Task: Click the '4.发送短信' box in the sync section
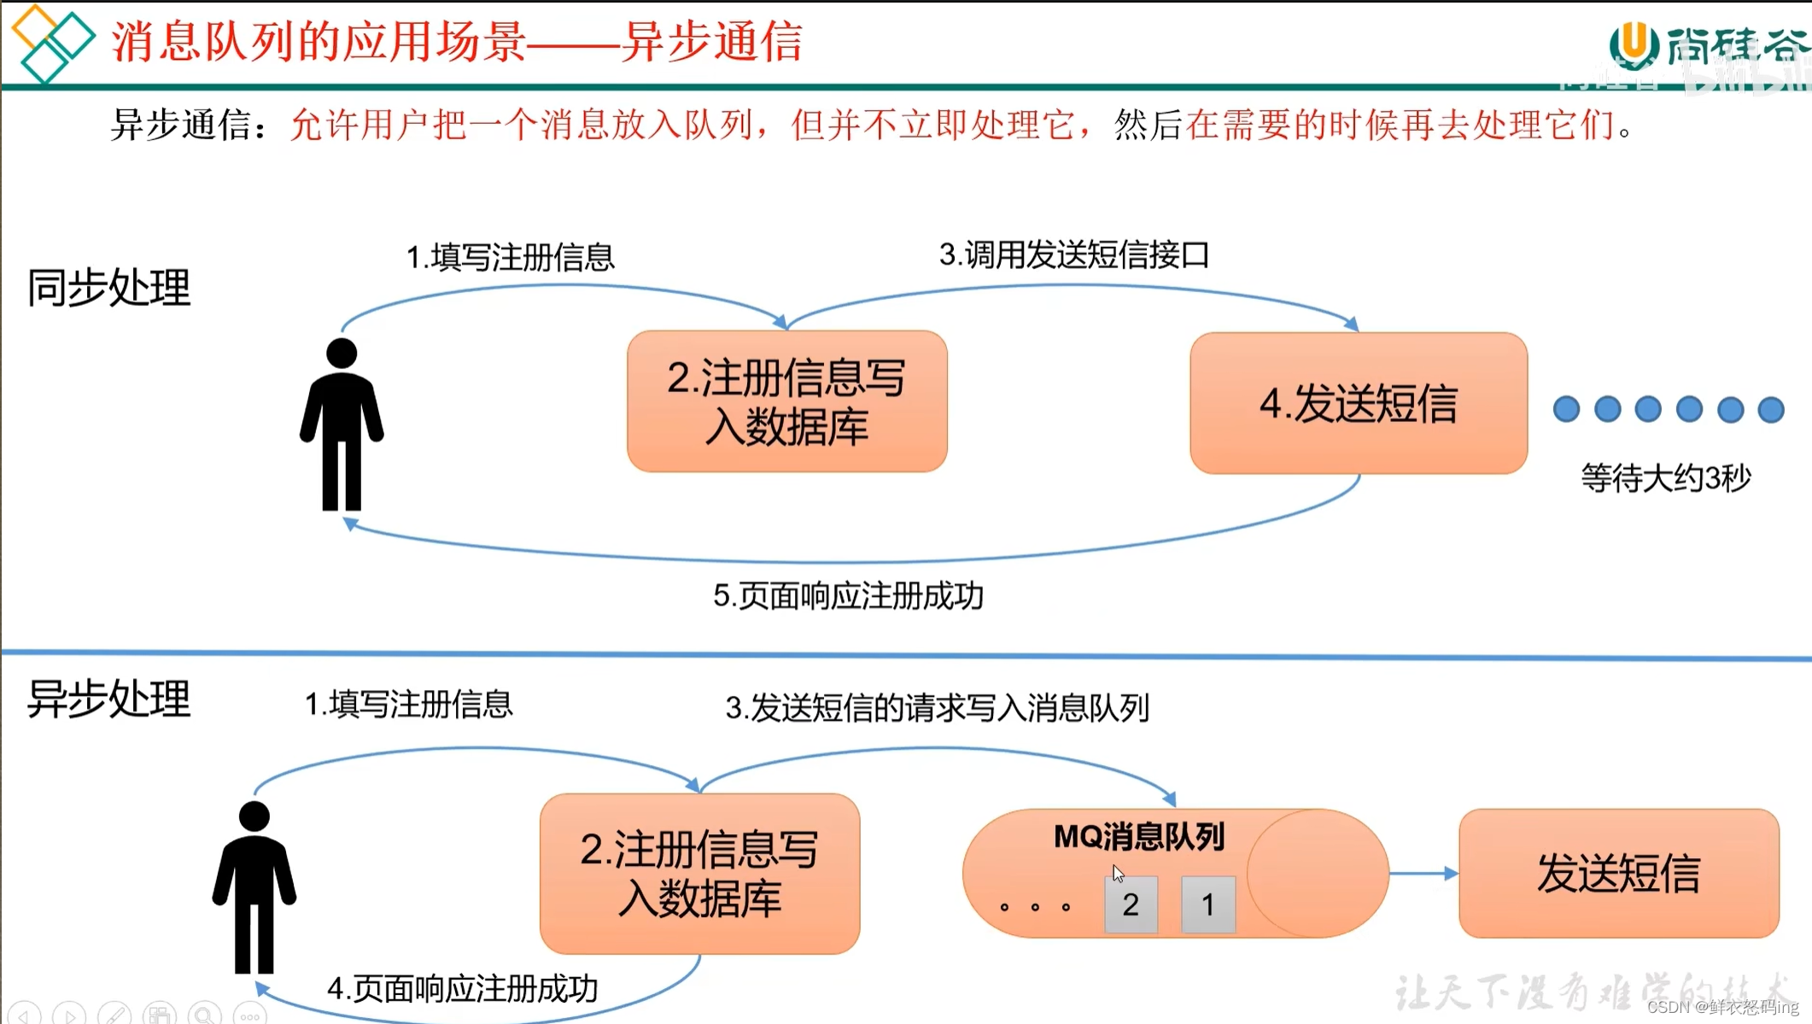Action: coord(1358,403)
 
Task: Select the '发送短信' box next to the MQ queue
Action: coord(1618,873)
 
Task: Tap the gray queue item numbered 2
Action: coord(1131,904)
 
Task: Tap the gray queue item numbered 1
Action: coord(1207,904)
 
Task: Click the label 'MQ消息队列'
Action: coord(1139,837)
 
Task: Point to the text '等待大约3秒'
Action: coord(1665,477)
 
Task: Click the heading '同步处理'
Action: coord(108,288)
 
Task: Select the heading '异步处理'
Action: coord(108,699)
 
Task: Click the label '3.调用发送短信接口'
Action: coord(1074,255)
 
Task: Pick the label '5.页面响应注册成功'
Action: coord(848,595)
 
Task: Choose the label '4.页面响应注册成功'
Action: coord(462,988)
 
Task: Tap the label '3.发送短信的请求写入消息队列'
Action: coord(937,707)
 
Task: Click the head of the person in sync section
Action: coord(342,353)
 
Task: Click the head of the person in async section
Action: coord(254,816)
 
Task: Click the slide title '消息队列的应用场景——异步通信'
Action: coord(457,41)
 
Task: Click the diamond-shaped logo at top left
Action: coord(51,43)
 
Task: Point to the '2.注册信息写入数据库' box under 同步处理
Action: coord(786,401)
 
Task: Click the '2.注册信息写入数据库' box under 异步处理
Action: coord(699,873)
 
